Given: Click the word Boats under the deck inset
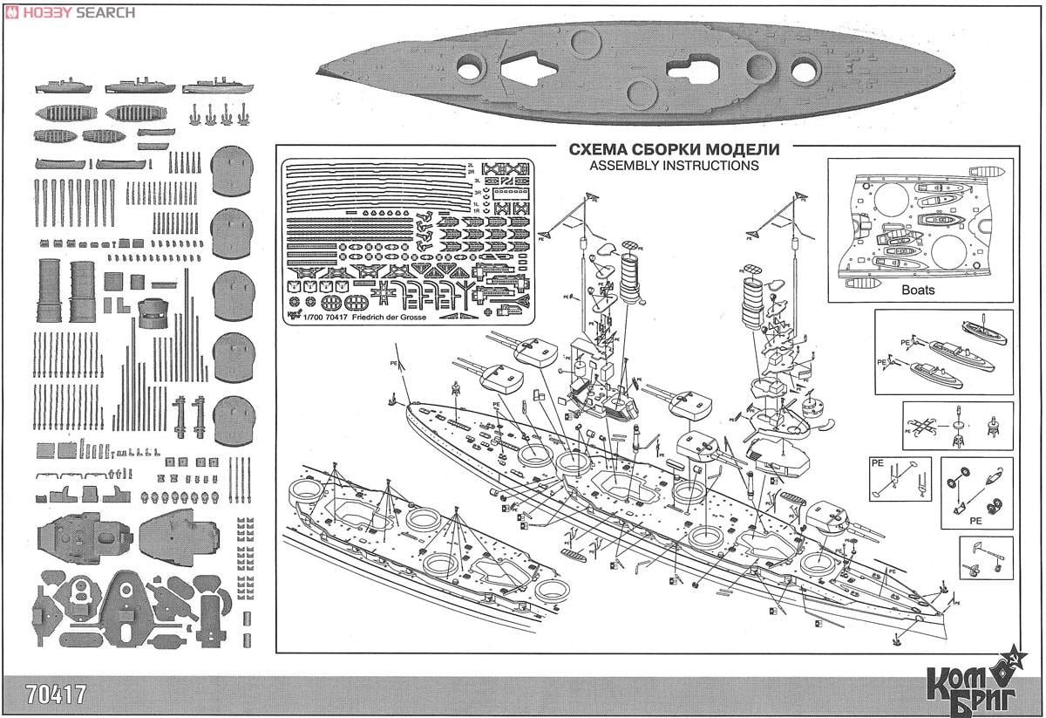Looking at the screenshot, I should tap(918, 291).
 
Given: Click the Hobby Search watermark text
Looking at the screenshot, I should tap(78, 12).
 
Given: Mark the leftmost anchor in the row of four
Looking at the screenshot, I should tap(193, 113).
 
